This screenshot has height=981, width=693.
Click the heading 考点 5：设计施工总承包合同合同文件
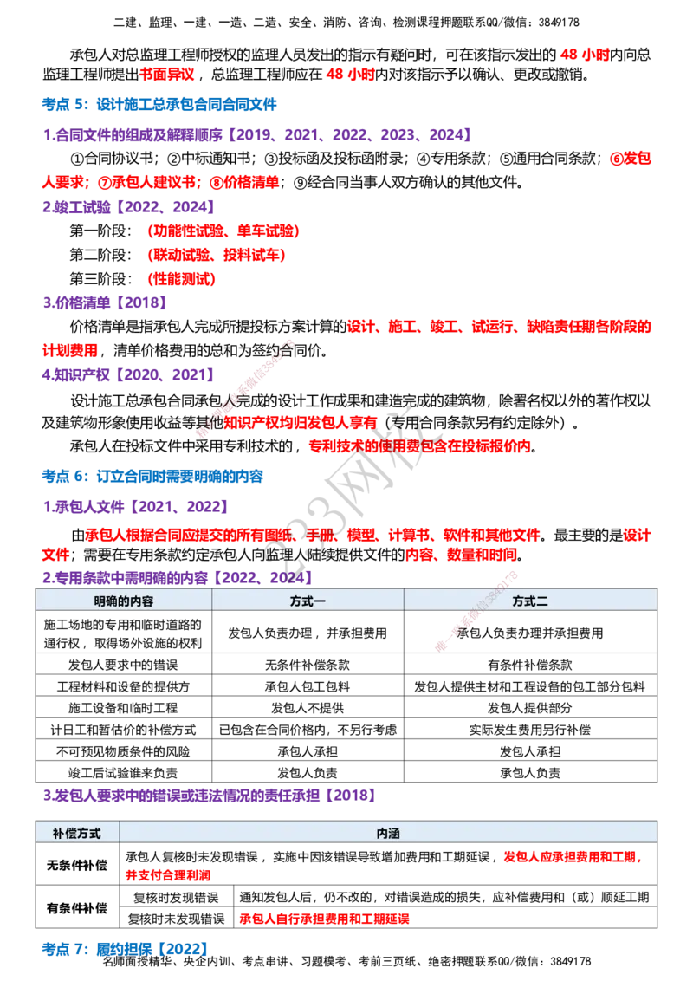point(159,105)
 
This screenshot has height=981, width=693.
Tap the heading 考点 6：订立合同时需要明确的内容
point(152,477)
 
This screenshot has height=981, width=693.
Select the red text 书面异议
point(167,75)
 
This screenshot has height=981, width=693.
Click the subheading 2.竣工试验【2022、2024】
point(129,207)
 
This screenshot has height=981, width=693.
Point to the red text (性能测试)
point(181,279)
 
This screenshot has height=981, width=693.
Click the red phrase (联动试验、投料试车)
point(217,256)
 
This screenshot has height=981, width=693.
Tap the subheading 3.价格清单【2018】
point(105,303)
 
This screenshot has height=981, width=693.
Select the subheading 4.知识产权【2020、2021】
point(129,374)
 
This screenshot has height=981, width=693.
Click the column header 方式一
point(308,601)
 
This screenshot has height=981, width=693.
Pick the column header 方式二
point(530,601)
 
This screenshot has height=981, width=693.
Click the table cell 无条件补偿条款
point(308,665)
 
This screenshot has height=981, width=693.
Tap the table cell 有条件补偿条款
point(530,665)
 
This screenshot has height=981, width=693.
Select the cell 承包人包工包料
point(308,687)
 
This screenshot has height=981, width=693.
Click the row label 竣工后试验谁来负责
point(123,773)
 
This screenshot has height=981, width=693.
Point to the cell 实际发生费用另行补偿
point(530,731)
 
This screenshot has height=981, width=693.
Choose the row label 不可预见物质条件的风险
point(123,752)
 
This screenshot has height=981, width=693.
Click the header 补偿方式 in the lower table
point(77,834)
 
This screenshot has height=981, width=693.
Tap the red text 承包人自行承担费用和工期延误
point(324,919)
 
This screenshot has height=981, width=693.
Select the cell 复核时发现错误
point(177,898)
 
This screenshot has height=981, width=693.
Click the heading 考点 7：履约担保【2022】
point(125,949)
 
